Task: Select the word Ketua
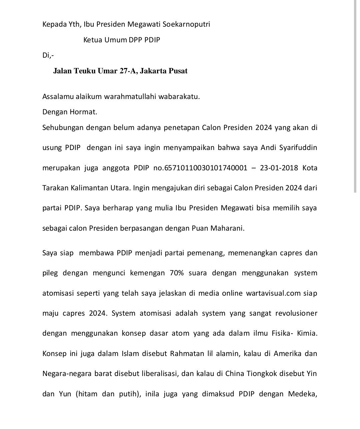point(92,40)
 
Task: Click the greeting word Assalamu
point(56,97)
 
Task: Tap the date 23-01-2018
point(279,168)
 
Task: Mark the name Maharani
point(227,228)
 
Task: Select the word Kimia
point(306,333)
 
